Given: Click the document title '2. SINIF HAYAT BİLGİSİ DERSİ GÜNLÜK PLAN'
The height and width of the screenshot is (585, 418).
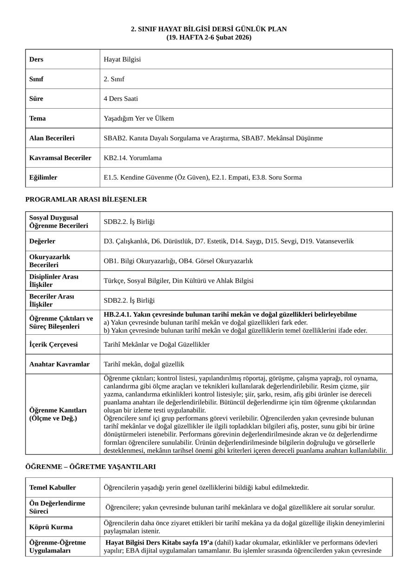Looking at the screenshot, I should click(x=209, y=29).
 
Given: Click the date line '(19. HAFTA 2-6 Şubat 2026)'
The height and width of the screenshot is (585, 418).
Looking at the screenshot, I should click(x=209, y=37).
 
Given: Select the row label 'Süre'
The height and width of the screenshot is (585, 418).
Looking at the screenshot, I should click(x=36, y=98).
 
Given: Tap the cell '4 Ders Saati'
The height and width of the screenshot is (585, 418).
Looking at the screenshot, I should click(x=121, y=98).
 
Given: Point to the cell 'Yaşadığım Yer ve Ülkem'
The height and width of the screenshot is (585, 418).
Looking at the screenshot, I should click(x=139, y=118).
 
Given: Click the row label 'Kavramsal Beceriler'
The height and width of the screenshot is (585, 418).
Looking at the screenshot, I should click(x=60, y=158).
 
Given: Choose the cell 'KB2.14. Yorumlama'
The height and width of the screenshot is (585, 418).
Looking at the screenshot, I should click(x=133, y=158).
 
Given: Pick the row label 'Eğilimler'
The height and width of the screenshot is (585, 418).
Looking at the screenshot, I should click(x=43, y=177).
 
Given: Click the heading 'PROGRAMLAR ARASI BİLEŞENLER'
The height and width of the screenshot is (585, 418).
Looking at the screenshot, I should click(x=86, y=200).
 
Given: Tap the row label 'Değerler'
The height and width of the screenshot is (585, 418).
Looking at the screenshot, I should click(x=42, y=241).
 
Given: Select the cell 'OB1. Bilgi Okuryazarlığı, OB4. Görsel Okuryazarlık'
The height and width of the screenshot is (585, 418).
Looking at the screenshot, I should click(x=178, y=261).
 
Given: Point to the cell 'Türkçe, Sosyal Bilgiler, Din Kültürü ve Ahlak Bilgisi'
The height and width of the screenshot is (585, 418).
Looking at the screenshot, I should click(x=179, y=280).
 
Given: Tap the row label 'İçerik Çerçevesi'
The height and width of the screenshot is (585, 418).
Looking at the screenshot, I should click(x=53, y=344).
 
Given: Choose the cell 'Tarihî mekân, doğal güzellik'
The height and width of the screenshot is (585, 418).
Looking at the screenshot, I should click(x=144, y=364).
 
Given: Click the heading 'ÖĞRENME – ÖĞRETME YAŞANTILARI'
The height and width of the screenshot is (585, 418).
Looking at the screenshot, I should click(x=91, y=467).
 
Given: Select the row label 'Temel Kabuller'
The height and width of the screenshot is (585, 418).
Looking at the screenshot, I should click(x=52, y=487).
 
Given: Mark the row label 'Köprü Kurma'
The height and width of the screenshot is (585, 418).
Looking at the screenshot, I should click(x=51, y=527).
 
